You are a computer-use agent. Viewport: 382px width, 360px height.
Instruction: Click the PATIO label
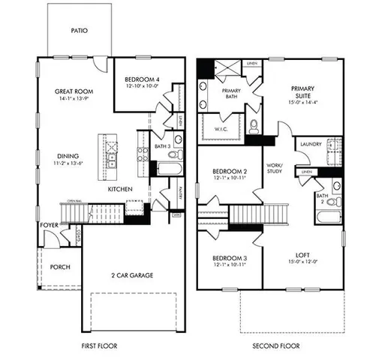pyautogui.click(x=80, y=32)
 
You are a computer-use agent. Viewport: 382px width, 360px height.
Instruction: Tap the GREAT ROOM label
pyautogui.click(x=74, y=91)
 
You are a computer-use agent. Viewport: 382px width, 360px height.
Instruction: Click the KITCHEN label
pyautogui.click(x=120, y=190)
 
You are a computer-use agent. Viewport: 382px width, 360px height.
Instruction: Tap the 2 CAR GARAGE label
pyautogui.click(x=132, y=275)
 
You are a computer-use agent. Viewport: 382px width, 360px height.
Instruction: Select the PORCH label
pyautogui.click(x=60, y=267)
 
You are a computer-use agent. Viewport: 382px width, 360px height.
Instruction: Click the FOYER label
pyautogui.click(x=49, y=223)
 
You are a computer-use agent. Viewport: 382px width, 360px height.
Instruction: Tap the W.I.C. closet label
pyautogui.click(x=222, y=127)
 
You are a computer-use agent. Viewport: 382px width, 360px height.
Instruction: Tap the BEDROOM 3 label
pyautogui.click(x=228, y=259)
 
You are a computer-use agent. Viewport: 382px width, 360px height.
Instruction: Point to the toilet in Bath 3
pyautogui.click(x=172, y=156)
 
